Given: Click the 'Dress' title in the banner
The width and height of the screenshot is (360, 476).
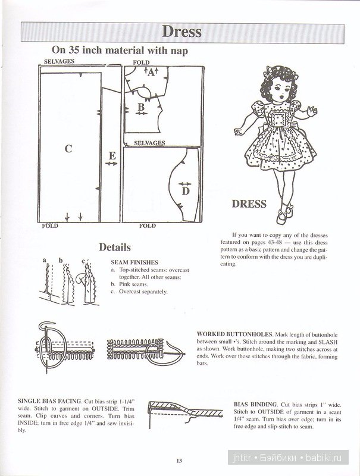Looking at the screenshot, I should (x=181, y=31).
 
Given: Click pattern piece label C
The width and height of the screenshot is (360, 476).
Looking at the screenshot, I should (x=68, y=149).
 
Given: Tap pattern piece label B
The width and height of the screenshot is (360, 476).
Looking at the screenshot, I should (x=141, y=106).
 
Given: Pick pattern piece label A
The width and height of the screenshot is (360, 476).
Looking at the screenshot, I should (x=150, y=74).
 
